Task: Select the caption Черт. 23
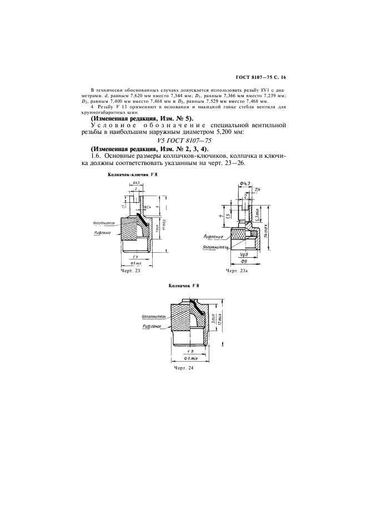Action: [x=130, y=271]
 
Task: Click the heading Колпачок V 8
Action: [x=183, y=286]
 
